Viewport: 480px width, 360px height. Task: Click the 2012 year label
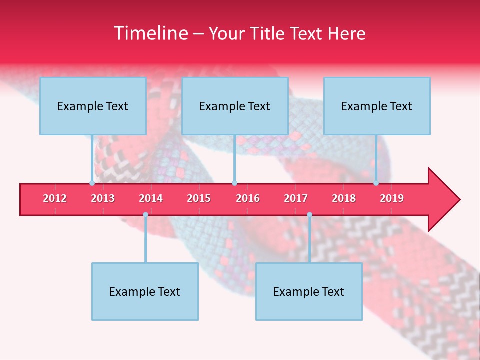point(55,198)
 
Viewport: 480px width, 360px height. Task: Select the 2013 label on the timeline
point(103,198)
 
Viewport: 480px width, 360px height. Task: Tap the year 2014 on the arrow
point(151,198)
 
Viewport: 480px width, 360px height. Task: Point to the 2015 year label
point(199,198)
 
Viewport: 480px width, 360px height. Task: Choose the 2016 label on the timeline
point(248,198)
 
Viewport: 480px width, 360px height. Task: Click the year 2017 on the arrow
point(296,198)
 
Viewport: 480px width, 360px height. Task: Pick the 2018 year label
point(344,198)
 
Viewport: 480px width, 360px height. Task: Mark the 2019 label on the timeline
point(392,198)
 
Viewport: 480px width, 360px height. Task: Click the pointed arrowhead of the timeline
point(445,200)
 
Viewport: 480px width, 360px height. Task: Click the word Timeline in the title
point(150,33)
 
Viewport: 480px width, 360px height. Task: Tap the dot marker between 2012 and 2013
point(92,183)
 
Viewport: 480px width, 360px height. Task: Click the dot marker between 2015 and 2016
point(234,183)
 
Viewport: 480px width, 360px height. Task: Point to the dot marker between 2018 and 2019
point(376,183)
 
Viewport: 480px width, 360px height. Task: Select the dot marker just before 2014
point(145,214)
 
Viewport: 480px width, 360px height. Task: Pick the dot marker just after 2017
point(309,214)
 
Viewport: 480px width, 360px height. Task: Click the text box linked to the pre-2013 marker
point(93,106)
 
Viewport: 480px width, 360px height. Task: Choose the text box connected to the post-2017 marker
point(309,291)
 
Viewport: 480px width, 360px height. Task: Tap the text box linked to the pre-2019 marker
point(377,106)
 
